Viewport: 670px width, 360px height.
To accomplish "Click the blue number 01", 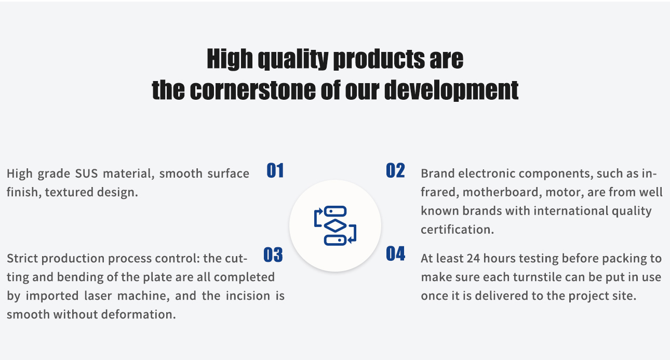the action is point(275,170).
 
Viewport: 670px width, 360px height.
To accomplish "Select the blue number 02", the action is point(395,170).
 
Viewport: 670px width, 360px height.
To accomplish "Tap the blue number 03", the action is point(273,255).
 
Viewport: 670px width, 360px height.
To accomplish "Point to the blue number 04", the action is point(395,254).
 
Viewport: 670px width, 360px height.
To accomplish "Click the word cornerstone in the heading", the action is point(253,90).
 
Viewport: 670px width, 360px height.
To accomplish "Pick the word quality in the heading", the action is point(293,59).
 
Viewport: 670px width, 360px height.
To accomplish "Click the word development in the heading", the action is point(451,90).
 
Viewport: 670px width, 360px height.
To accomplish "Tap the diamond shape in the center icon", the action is point(335,225).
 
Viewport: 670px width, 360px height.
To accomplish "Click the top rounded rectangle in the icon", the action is point(336,211).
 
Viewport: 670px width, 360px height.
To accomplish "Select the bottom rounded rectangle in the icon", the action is point(336,240).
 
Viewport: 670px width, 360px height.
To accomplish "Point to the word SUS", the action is point(86,174).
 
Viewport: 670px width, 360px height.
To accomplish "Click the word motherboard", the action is point(502,192).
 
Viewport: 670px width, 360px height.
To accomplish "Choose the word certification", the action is point(458,230).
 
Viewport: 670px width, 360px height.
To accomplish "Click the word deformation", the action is point(139,314).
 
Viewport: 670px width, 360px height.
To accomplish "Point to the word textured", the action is point(69,192).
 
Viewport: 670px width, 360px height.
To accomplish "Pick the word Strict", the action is point(22,259).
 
